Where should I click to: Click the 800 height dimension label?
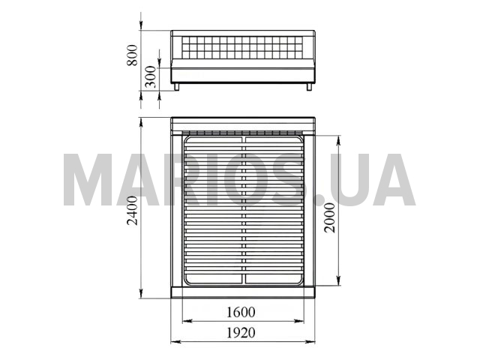(132, 55)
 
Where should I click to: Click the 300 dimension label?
(150, 76)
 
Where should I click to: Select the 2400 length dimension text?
(133, 211)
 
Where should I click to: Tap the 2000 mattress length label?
(330, 218)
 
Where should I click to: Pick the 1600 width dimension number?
(241, 312)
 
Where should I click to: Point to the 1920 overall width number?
(241, 333)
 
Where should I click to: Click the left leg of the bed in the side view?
(177, 87)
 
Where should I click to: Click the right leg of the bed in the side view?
(309, 87)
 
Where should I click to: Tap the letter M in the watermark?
(88, 180)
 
